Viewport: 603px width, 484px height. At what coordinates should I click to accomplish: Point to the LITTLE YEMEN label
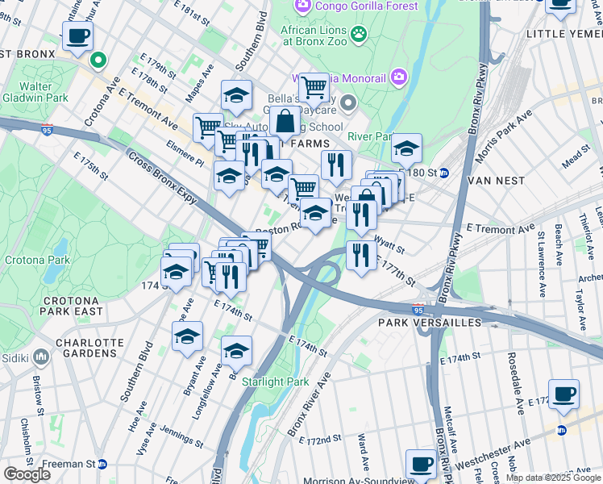point(563,34)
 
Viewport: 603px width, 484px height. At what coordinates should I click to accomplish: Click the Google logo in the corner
point(27,474)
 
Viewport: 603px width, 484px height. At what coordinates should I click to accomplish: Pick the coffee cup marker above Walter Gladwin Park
point(77,36)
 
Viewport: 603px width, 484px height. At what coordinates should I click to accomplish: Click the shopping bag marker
point(285,122)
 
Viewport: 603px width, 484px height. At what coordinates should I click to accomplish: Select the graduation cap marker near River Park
point(407,148)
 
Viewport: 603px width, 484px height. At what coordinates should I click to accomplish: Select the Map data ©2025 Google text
point(553,478)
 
